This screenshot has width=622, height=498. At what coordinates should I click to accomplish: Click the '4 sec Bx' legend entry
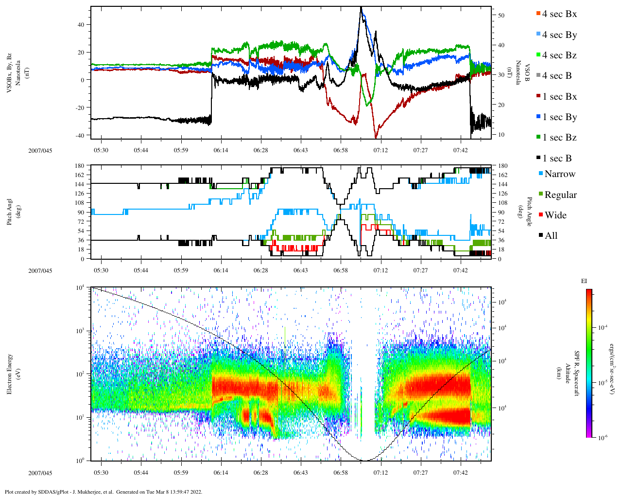coord(559,14)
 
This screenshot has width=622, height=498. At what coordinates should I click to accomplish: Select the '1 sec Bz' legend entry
coord(559,138)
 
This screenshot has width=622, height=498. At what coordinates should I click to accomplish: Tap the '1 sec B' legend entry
coord(557,159)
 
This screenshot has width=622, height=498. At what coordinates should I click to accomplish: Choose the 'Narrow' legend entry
coord(559,174)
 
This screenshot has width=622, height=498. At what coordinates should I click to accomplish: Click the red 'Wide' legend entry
coord(555,215)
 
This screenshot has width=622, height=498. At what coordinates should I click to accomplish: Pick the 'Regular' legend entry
coord(560,195)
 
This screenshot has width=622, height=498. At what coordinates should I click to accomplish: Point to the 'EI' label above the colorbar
coord(584,281)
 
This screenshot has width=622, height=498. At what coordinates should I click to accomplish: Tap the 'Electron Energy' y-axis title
coord(10,374)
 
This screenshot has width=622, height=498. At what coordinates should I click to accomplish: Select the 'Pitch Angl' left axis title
coord(10,212)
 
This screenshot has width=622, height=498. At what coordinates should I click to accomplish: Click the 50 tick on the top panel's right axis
coord(501,16)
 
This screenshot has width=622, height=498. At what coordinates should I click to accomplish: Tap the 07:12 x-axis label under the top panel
coord(380,150)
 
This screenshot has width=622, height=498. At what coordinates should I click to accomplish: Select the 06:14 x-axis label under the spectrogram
coord(221,473)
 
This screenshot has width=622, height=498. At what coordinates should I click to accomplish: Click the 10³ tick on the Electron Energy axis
coord(81,331)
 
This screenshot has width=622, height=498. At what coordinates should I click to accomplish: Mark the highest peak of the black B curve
coord(361,7)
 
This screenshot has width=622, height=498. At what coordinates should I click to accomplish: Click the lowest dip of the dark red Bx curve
coord(376,138)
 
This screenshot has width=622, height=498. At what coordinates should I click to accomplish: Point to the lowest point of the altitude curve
coord(362,460)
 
